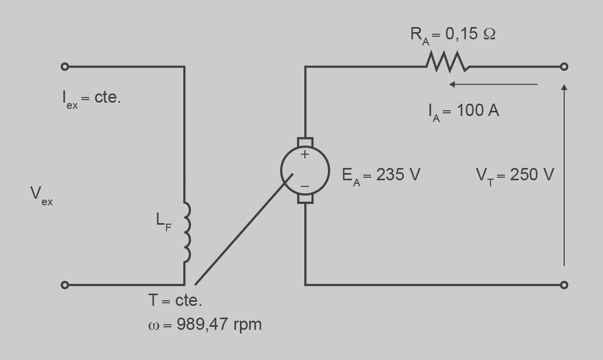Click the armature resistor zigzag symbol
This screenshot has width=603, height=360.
[446, 62]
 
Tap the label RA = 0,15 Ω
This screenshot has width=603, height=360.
[452, 35]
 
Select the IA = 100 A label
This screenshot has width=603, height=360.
[464, 111]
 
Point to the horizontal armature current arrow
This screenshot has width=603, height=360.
[493, 84]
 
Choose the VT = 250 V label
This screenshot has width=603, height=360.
[515, 175]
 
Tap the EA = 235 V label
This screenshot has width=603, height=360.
[381, 175]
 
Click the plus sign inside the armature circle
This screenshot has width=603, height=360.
[305, 154]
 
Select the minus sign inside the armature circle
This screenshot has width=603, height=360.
[305, 186]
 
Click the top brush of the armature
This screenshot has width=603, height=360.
[305, 141]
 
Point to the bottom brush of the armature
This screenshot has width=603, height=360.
[305, 198]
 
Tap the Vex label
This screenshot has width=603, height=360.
[41, 195]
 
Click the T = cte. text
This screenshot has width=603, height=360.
[175, 301]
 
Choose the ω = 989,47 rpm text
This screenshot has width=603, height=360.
[205, 324]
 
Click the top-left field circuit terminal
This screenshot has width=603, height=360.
[65, 66]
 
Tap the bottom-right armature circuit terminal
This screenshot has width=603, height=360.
[564, 285]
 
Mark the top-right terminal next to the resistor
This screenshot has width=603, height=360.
[564, 66]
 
